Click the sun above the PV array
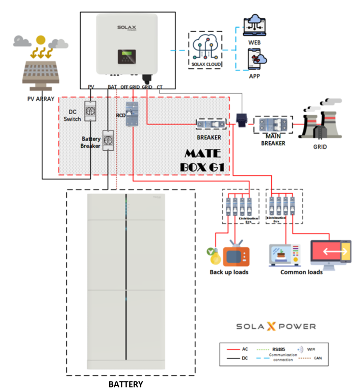click(40, 39)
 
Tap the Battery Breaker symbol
click(108, 140)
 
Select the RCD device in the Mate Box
click(132, 112)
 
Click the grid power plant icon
click(318, 122)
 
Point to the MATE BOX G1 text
click(203, 160)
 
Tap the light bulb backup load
click(213, 254)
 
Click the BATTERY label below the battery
click(125, 384)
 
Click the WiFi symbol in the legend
click(300, 350)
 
